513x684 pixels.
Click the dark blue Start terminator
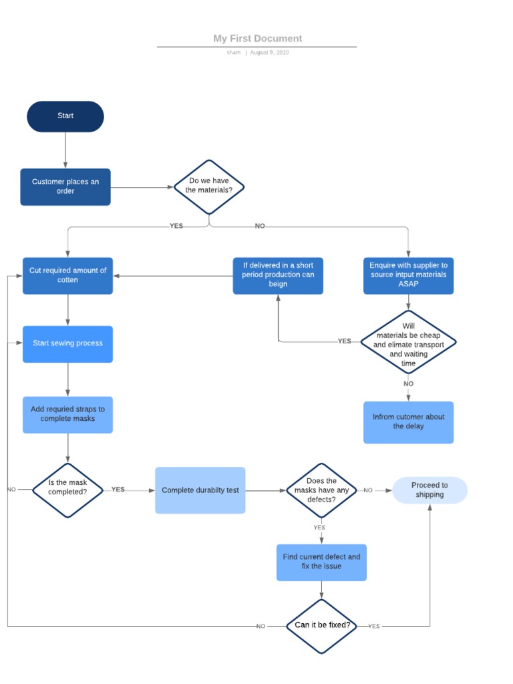(65, 116)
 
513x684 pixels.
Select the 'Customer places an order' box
(65, 186)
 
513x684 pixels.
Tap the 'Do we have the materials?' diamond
(209, 186)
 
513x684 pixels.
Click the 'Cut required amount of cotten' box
(67, 275)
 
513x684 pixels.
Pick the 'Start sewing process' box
(67, 344)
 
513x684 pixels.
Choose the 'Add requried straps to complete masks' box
(67, 414)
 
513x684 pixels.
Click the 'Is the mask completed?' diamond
(67, 490)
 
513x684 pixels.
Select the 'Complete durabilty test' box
(200, 490)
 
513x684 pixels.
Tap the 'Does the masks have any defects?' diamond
(321, 490)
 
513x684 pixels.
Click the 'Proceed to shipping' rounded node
(430, 490)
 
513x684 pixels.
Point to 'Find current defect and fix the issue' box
(321, 562)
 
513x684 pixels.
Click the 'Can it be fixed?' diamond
(321, 626)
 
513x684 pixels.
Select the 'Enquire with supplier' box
(408, 275)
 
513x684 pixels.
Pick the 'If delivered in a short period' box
(278, 275)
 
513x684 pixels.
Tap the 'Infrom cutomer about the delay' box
(408, 422)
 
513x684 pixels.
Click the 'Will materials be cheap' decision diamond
(408, 342)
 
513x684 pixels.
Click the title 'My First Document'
(257, 39)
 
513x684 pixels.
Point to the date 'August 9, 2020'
(269, 53)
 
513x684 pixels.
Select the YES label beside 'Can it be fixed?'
(374, 627)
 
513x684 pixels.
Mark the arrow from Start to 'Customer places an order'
(65, 150)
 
